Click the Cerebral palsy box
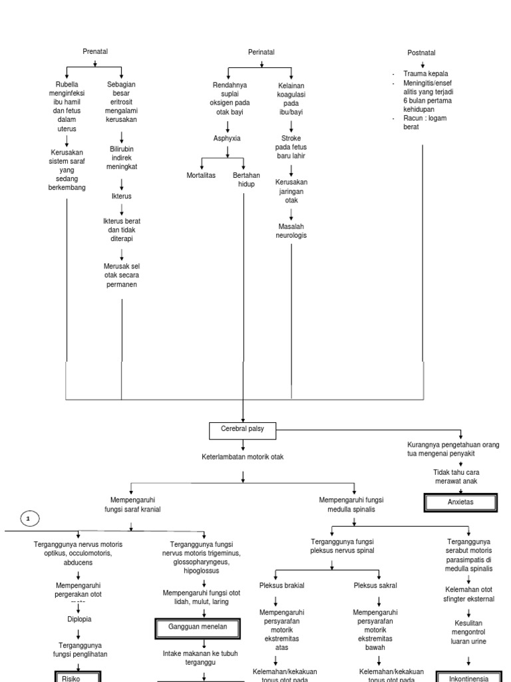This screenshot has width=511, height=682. tap(242, 429)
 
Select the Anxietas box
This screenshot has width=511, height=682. tap(460, 502)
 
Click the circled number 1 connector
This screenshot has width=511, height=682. tap(29, 518)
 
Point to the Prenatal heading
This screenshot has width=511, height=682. tap(95, 52)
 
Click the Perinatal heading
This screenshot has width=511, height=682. tap(261, 52)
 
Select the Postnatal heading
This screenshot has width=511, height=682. tap(422, 53)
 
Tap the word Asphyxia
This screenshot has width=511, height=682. tap(227, 139)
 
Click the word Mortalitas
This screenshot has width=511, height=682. tap(201, 175)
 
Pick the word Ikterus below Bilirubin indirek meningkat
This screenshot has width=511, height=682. tap(122, 196)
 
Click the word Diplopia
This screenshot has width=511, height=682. tap(79, 619)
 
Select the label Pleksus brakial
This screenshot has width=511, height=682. tap(281, 585)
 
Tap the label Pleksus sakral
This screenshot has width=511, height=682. tap(375, 585)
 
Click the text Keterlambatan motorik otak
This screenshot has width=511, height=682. tap(243, 458)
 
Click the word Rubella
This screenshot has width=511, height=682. tap(67, 85)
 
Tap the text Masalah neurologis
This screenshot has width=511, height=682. tap(291, 231)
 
